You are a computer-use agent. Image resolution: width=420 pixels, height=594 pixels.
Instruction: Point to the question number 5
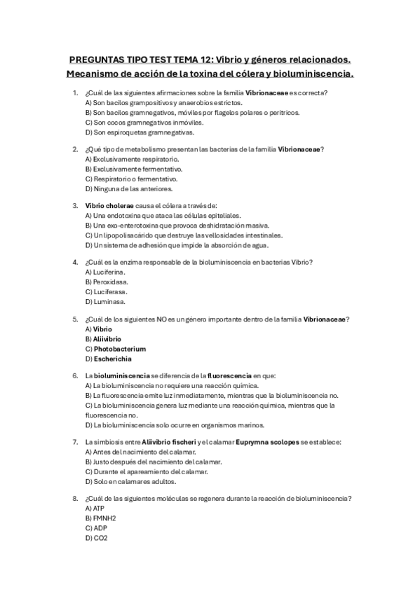pyautogui.click(x=75, y=319)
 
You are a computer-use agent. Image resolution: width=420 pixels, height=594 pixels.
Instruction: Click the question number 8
pyautogui.click(x=75, y=497)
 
